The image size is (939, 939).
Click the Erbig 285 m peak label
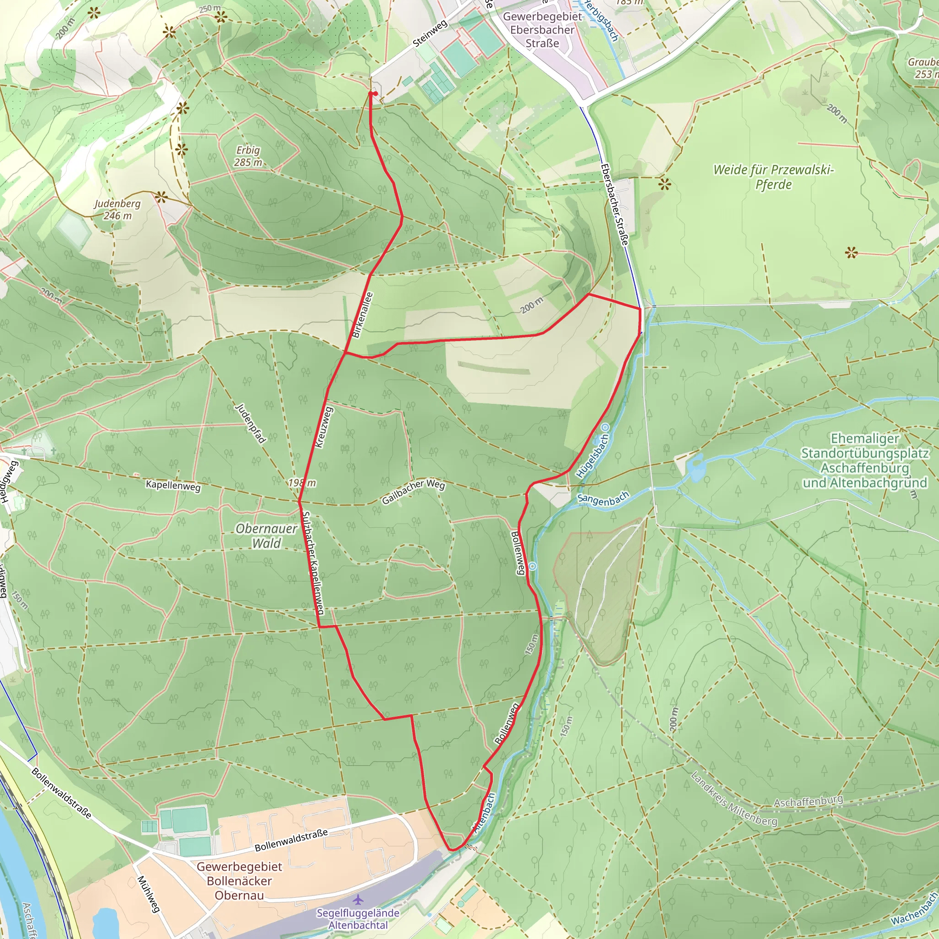248,156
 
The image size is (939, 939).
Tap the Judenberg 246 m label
118,210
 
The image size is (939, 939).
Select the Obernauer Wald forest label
266,536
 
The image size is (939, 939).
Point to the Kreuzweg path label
324,427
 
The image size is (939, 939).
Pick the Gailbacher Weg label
413,491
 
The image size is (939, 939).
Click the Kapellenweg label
173,486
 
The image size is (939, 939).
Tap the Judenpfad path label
251,423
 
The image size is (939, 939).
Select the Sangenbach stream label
603,499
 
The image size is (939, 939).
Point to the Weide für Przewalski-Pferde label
773,177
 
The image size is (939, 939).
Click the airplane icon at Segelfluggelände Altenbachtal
359,900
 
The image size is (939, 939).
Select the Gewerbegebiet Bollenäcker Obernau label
239,881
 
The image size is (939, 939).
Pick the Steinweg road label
430,34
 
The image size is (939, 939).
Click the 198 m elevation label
302,483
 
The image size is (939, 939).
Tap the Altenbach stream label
484,813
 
